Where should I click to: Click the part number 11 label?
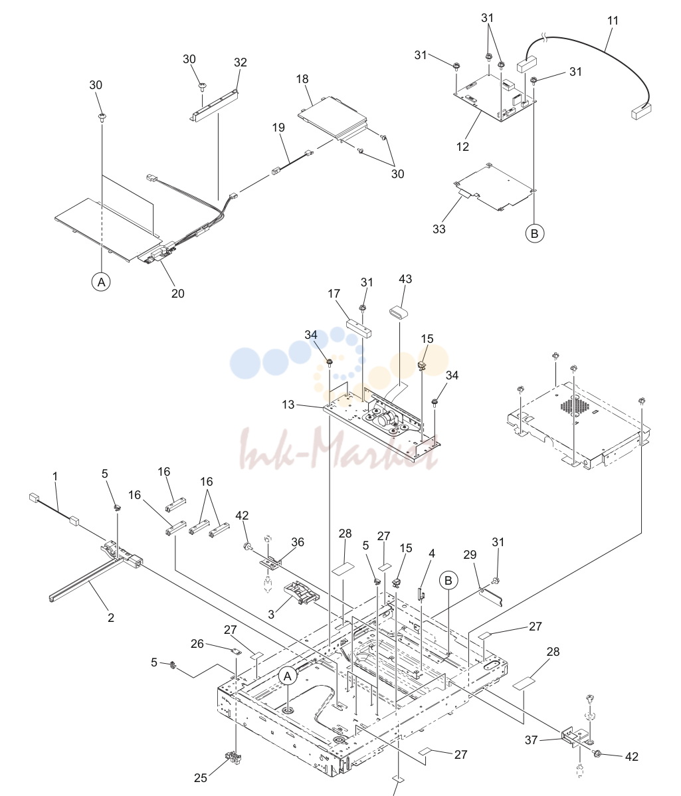613,21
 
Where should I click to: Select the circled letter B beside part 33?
534,233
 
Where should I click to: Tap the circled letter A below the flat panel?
102,282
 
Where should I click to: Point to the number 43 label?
405,278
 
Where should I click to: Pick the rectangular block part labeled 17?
359,328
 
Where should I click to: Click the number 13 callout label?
288,405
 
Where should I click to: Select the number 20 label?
177,294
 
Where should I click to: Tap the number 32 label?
241,62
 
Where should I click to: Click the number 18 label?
302,79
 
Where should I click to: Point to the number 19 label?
278,128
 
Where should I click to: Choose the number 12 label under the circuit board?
463,147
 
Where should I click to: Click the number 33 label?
439,229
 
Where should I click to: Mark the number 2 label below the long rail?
111,618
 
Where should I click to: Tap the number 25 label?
201,777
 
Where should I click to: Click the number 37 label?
532,740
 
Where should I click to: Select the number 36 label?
298,542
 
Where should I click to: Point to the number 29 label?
470,555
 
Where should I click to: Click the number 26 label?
197,644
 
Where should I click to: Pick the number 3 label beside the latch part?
272,615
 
